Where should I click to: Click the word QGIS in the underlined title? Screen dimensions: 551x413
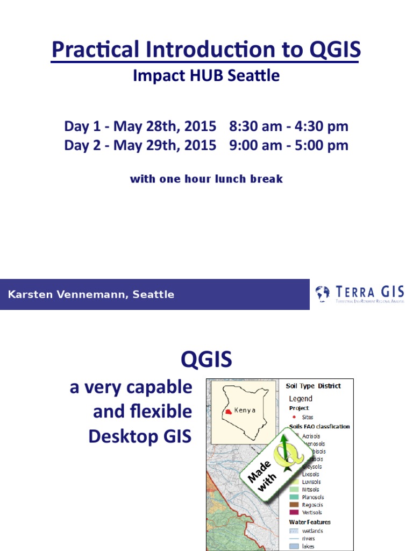(334, 50)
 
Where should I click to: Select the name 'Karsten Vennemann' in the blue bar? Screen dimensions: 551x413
(67, 294)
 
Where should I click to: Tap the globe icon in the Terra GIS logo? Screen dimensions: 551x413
(323, 293)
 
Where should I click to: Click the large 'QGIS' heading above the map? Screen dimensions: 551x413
(206, 359)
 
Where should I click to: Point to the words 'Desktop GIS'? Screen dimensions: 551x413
(140, 436)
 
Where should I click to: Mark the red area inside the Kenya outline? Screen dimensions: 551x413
(229, 411)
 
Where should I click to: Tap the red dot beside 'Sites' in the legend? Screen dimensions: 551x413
(294, 417)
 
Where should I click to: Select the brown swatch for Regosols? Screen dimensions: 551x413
(294, 505)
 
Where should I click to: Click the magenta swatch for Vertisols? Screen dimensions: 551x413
(294, 512)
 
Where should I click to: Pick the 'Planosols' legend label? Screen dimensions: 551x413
(313, 497)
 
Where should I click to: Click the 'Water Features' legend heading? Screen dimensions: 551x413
(310, 522)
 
